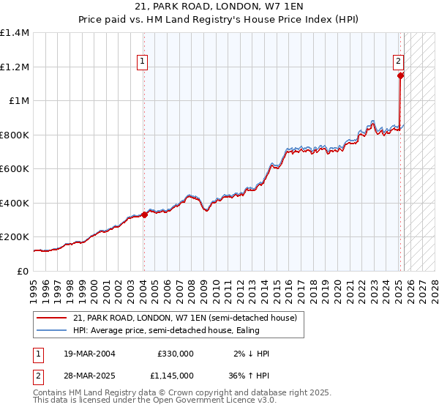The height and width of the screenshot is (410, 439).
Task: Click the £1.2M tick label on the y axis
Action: [x=15, y=67]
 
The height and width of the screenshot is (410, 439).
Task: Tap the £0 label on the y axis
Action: [x=22, y=271]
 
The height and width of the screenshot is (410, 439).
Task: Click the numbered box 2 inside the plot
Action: [x=398, y=62]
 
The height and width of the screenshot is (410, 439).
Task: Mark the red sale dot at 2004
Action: [x=144, y=215]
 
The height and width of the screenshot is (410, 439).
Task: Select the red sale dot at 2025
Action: [x=401, y=75]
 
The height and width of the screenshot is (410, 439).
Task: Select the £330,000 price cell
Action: [x=176, y=354]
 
